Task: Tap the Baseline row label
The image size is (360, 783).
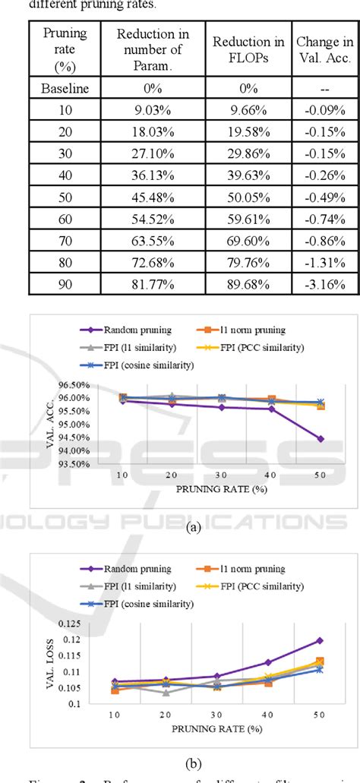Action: click(65, 88)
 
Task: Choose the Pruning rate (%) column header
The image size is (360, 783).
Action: click(65, 51)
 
